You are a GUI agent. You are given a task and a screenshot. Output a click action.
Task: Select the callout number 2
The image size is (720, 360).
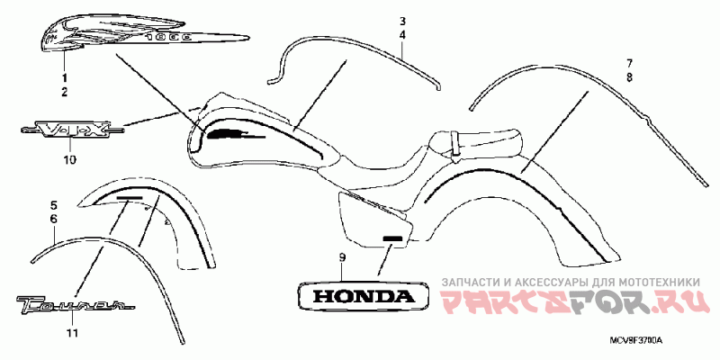point(64,93)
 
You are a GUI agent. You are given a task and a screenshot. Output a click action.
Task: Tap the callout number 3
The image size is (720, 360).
point(403,21)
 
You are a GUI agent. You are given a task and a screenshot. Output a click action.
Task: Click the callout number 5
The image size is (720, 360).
point(53,206)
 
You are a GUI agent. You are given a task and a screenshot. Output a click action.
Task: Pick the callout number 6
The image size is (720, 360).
point(53,220)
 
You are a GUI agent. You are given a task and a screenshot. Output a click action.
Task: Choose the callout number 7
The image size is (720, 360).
point(630,64)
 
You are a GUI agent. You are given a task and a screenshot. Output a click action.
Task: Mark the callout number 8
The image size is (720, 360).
point(630,77)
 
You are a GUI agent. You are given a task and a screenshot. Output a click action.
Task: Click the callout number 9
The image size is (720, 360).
point(342,258)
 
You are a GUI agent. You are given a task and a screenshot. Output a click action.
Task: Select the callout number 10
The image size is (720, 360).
point(69,160)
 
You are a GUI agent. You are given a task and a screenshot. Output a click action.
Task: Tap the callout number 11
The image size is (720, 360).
point(72,333)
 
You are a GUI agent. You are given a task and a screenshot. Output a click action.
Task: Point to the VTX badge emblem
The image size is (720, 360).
point(69,131)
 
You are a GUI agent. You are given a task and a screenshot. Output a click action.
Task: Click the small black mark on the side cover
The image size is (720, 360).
point(391,239)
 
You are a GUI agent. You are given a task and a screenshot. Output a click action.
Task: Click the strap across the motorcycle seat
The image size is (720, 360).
point(455,142)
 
